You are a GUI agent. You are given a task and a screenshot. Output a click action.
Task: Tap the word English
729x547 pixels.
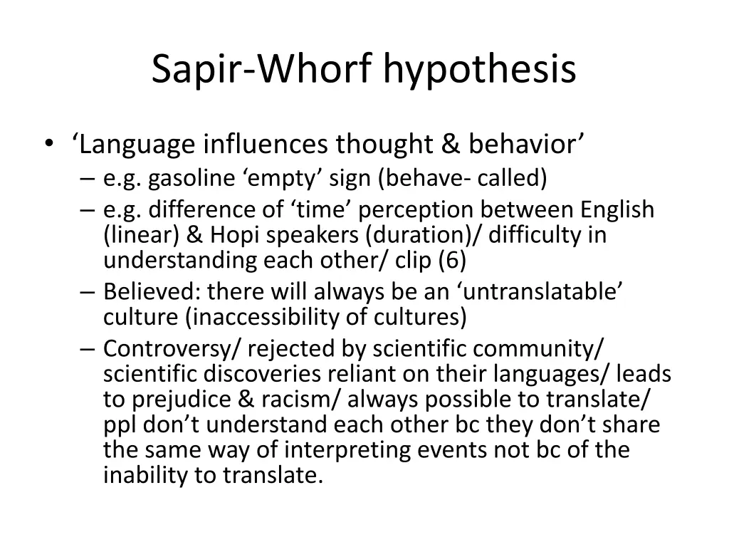tap(617, 210)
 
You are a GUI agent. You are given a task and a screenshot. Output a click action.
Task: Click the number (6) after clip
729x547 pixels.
tap(453, 260)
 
